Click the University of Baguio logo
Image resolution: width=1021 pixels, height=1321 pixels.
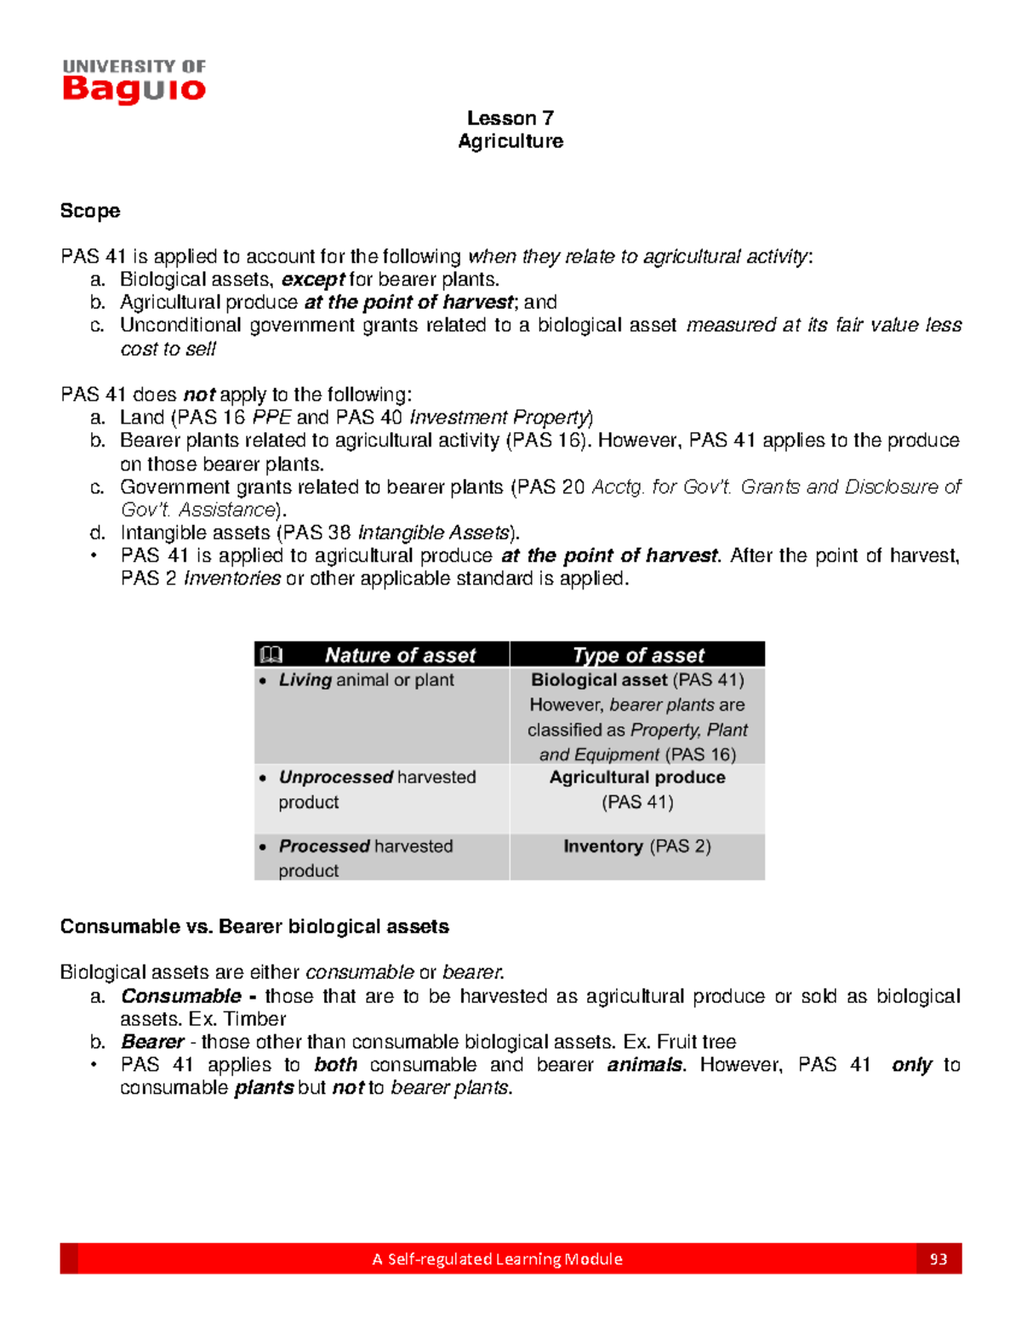134,82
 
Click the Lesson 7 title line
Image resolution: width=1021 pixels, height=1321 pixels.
510,118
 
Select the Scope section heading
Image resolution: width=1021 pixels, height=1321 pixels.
90,211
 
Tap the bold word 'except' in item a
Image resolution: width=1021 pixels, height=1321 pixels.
312,280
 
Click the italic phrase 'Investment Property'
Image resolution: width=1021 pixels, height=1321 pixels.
499,418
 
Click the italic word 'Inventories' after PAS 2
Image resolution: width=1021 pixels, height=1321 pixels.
232,579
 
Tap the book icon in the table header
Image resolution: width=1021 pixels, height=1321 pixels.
271,655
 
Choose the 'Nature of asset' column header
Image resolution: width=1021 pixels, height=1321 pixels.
400,655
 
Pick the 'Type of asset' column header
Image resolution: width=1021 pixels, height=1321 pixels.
638,655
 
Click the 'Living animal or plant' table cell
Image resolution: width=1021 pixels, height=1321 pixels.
366,680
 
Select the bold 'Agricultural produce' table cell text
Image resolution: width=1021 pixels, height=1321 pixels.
637,777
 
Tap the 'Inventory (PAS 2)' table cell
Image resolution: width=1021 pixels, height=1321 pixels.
637,846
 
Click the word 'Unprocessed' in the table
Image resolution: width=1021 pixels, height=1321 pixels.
335,777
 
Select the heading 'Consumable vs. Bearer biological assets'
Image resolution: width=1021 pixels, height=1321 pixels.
254,927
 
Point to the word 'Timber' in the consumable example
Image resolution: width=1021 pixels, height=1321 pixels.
254,1019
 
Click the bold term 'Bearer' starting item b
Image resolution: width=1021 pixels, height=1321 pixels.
152,1042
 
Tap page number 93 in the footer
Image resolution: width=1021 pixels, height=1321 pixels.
938,1259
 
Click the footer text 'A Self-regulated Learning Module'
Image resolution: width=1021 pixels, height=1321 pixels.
497,1259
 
